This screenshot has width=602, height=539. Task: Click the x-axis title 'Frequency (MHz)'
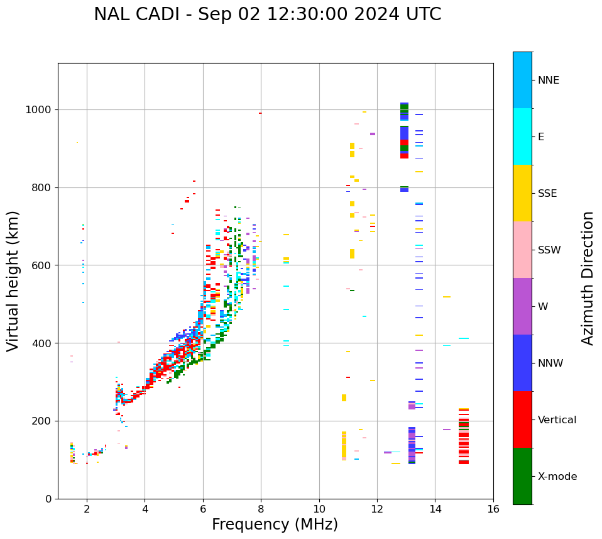tap(275, 525)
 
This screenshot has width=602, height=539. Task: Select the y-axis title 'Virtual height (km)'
tap(13, 281)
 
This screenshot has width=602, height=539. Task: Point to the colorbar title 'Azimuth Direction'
tap(588, 278)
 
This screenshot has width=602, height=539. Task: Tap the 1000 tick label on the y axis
tap(39, 110)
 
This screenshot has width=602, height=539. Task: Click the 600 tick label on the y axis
tap(42, 265)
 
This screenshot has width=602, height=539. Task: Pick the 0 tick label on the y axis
tap(48, 499)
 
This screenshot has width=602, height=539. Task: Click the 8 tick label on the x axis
tap(261, 509)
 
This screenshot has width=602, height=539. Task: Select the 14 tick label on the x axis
tap(435, 509)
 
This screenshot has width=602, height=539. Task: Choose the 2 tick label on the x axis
tap(87, 509)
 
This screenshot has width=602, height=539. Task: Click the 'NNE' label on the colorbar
tap(549, 81)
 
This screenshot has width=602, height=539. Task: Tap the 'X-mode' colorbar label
tap(557, 477)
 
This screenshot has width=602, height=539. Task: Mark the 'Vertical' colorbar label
tap(557, 420)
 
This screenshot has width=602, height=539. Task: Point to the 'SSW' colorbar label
tap(549, 250)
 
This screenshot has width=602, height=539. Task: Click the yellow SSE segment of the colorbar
tap(522, 193)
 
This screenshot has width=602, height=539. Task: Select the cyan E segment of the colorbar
tap(522, 136)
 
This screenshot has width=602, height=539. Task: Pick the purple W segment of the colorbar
tap(522, 306)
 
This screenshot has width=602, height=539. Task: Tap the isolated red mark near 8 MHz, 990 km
tap(260, 113)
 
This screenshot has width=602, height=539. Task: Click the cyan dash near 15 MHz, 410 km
tap(464, 338)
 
